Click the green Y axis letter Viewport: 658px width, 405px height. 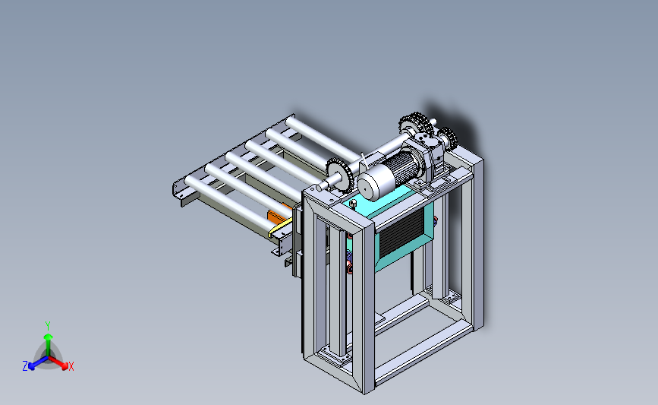pyautogui.click(x=48, y=326)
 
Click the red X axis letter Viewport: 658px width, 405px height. pyautogui.click(x=71, y=366)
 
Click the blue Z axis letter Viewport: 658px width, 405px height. pyautogui.click(x=25, y=366)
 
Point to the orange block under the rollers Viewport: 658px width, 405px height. pyautogui.click(x=278, y=215)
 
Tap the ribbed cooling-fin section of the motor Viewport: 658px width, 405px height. pyautogui.click(x=401, y=166)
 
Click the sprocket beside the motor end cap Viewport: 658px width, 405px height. pyautogui.click(x=339, y=175)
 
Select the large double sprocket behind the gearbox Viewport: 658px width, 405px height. pyautogui.click(x=415, y=125)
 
